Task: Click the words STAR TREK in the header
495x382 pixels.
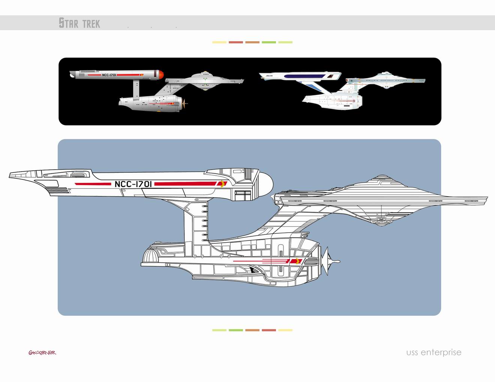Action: coord(79,23)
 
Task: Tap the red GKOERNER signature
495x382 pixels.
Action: coord(42,352)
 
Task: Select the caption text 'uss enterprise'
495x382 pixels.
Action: coord(433,352)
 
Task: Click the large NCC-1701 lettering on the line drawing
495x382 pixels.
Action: coord(133,184)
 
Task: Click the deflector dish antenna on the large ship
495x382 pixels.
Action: coord(330,261)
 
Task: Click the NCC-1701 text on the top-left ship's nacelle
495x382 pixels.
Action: coord(109,75)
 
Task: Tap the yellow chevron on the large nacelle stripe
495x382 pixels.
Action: coord(223,184)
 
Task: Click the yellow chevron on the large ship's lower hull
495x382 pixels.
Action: coord(299,261)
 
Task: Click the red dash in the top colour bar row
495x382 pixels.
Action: coord(236,42)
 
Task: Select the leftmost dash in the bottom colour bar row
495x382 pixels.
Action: coord(219,330)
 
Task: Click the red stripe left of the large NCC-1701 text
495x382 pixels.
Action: coord(91,184)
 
